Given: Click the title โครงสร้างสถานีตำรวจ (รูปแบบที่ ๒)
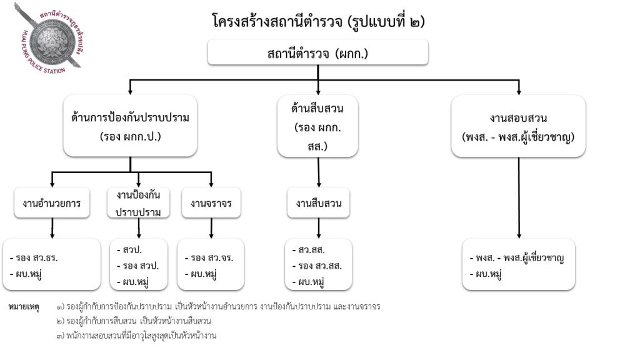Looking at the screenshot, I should (x=318, y=22).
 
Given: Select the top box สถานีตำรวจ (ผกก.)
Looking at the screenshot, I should (x=318, y=53).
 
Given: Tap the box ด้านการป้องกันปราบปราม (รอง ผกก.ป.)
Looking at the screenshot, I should (x=130, y=126).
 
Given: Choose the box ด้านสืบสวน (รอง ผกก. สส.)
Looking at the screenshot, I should (x=317, y=126).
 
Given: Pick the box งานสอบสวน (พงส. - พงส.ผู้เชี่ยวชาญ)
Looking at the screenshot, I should (x=519, y=126).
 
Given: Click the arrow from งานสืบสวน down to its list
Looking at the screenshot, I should (x=319, y=228).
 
